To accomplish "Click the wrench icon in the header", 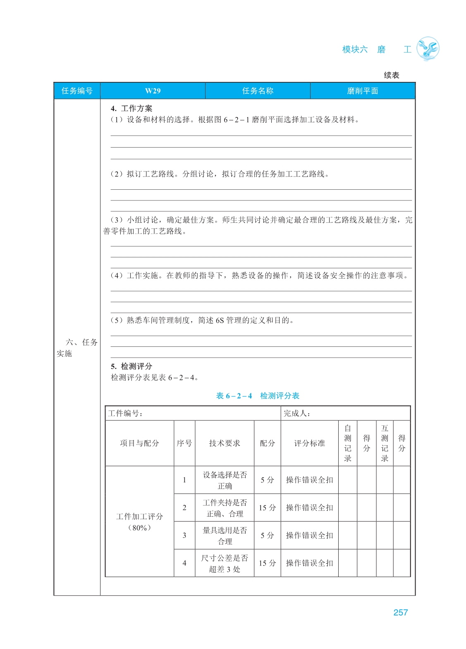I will pos(428,49).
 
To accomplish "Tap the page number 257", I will pos(400,613).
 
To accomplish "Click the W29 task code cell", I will pos(153,91).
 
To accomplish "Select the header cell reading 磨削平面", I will pos(363,91).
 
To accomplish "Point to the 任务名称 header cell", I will pos(258,91).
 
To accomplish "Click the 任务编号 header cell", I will pos(77,91).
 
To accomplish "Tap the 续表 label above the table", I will pos(391,75).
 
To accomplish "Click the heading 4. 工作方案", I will pos(131,108).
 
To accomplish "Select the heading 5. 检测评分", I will pos(131,366).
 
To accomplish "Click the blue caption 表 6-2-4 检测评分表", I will pos(258,396).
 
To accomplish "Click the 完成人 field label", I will pos(297,413).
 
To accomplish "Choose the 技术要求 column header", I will pos(225,443).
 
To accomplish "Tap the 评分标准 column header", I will pos(309,443).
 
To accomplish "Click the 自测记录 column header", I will pos(348,443).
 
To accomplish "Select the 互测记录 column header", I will pos(385,443).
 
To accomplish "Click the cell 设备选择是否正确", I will pos(225,480).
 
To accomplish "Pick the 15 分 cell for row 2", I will pos(267,508).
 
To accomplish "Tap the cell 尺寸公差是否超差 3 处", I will pos(225,563).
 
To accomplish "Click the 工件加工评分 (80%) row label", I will pos(139,522).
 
